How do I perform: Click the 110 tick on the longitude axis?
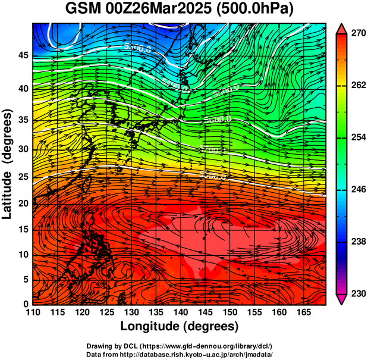coord(33,312)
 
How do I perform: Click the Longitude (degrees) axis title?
coord(180,326)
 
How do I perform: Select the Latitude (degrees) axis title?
coord(8,164)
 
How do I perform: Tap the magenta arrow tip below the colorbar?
coord(341,300)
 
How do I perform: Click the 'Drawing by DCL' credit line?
coord(180,346)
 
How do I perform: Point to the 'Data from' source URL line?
coord(180,354)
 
